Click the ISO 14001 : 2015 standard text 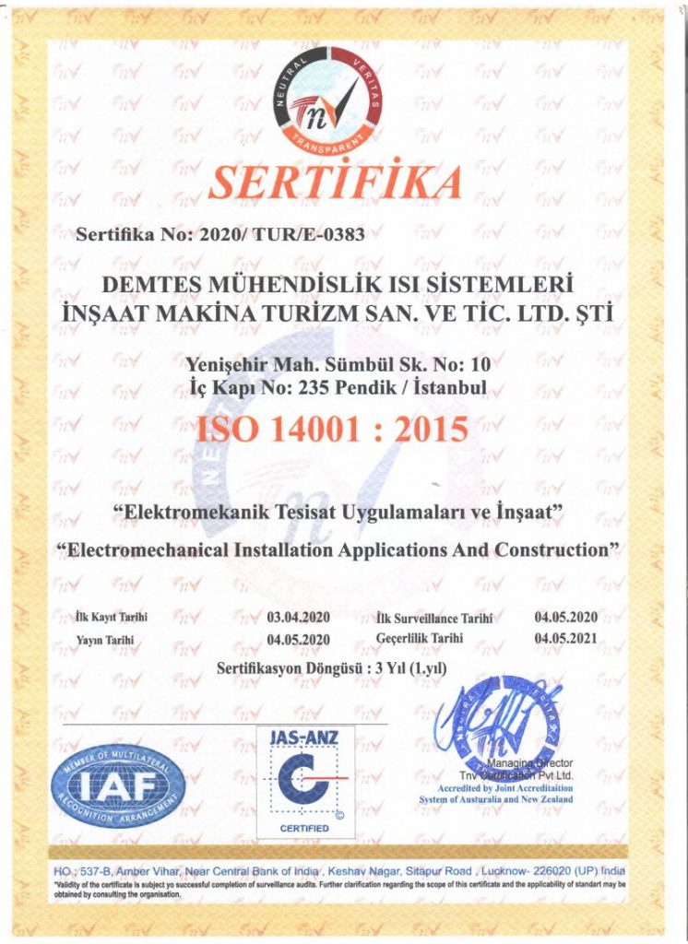332,428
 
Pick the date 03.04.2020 299,617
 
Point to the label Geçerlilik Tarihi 420,637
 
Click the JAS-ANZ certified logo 304,782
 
